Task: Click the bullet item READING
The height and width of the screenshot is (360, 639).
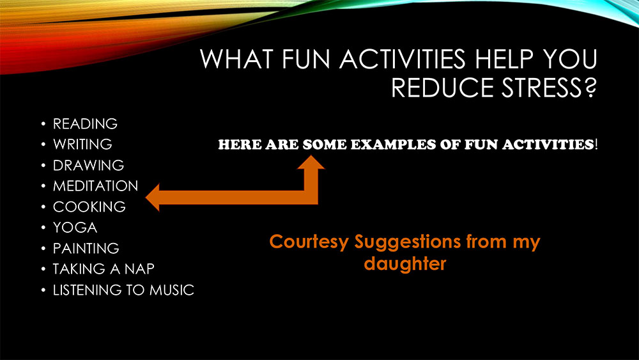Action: (85, 123)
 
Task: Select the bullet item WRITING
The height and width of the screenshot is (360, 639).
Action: (82, 145)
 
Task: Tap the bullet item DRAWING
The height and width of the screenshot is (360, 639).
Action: (88, 165)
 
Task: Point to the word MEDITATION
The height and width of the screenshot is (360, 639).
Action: (96, 186)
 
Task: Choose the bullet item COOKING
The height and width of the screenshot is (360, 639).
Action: (89, 207)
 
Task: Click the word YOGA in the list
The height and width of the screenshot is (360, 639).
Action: (75, 228)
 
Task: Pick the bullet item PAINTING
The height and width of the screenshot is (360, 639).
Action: (86, 248)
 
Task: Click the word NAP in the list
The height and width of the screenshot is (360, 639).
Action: (139, 269)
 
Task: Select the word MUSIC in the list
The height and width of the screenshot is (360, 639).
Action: (171, 290)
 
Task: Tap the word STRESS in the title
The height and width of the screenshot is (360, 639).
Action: (542, 88)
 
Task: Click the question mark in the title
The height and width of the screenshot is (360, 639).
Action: (590, 88)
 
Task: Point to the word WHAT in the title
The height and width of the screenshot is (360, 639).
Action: (237, 59)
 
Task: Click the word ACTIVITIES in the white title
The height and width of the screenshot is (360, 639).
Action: (402, 59)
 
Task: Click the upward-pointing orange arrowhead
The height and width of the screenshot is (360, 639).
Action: (311, 162)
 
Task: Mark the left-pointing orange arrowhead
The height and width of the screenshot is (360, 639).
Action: (153, 198)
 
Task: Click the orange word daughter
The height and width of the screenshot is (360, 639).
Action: (405, 263)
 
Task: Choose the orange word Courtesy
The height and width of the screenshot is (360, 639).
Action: (309, 242)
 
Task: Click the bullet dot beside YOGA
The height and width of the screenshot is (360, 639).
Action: (43, 228)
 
